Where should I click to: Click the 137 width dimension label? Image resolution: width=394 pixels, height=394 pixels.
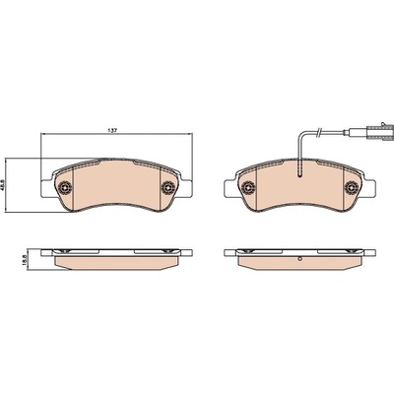112,130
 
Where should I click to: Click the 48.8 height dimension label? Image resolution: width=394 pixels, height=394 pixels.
4,185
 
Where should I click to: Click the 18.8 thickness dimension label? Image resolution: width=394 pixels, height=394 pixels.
32,259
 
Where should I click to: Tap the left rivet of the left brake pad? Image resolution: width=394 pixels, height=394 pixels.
65,187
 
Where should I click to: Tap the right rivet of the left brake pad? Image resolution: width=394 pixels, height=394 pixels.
168,187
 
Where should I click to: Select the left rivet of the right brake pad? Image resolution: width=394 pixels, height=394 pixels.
248,187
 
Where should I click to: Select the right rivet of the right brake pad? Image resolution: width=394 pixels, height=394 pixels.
352,187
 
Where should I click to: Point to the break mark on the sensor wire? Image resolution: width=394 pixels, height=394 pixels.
318,133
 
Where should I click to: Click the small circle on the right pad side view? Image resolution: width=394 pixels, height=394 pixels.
299,259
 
